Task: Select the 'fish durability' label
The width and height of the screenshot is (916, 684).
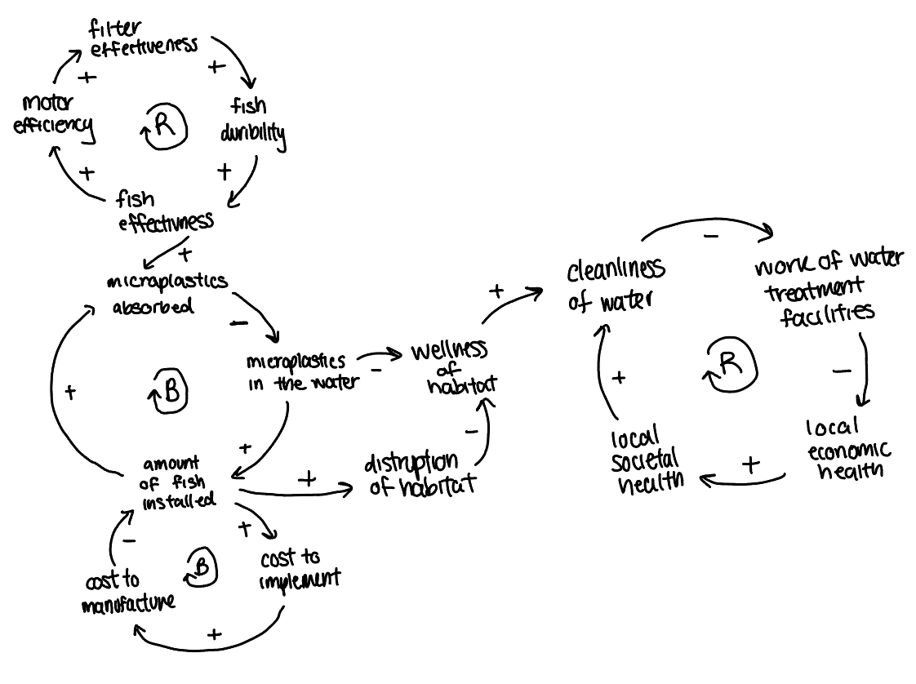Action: point(252,120)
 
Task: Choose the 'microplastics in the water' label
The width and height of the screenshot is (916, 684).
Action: point(301,371)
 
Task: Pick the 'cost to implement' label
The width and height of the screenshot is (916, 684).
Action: point(299,569)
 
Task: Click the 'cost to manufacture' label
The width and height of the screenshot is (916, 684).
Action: point(129,592)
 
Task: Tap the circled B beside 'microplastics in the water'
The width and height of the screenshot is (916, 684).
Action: point(171,392)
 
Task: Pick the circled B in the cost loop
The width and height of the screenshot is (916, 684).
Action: point(203,566)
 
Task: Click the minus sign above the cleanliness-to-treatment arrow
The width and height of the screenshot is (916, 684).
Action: point(710,236)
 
